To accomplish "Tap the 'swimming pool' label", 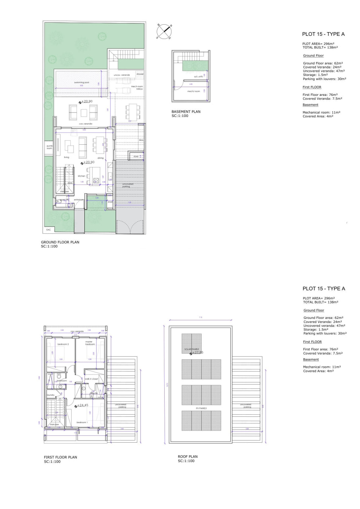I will (x=82, y=83).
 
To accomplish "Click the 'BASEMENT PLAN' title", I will (x=186, y=112).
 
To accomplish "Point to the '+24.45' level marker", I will (x=82, y=405).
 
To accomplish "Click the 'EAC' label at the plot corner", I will (x=49, y=230).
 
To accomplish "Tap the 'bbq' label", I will (x=141, y=140).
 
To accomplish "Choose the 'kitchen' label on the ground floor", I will (x=82, y=176).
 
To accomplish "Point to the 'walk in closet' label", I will (x=91, y=379).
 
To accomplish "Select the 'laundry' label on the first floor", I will (x=51, y=395).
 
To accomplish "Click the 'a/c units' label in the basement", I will (x=198, y=77).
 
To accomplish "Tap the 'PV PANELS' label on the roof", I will (x=201, y=408).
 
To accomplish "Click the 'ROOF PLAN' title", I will (x=188, y=457).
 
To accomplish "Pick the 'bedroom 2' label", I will (x=63, y=344).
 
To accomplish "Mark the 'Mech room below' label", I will (x=140, y=87).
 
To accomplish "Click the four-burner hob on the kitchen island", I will (x=96, y=181).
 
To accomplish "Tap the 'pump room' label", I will (x=50, y=147).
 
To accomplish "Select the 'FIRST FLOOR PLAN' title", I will (x=60, y=457).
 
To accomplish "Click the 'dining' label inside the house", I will (x=100, y=158).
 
